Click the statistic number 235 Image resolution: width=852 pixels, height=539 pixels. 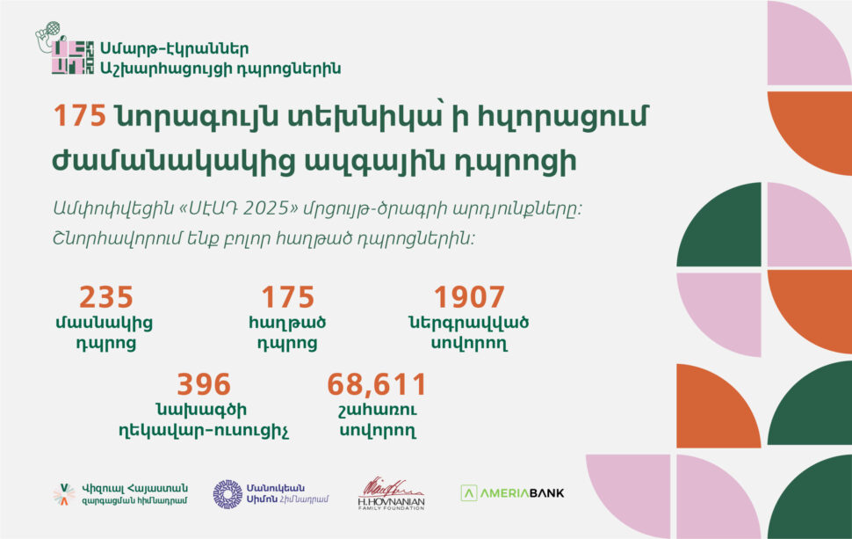click(x=106, y=297)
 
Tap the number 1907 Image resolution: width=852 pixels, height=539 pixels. click(x=469, y=297)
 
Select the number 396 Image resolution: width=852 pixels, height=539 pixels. click(x=204, y=384)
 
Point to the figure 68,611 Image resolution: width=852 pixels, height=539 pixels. click(x=377, y=384)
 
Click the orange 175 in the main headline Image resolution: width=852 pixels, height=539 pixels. click(x=80, y=117)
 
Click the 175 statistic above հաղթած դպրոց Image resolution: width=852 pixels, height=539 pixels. click(x=287, y=297)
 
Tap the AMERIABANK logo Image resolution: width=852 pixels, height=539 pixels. click(x=512, y=492)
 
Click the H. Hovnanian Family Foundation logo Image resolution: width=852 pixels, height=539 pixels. click(x=391, y=493)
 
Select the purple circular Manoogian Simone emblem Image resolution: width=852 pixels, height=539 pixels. click(x=227, y=494)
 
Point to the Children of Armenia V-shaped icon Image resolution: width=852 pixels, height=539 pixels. click(x=63, y=494)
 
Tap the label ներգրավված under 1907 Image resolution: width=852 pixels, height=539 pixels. click(x=469, y=323)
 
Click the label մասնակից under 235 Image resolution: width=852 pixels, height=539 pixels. click(x=106, y=323)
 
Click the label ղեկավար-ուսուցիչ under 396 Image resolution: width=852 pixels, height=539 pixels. click(x=203, y=431)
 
